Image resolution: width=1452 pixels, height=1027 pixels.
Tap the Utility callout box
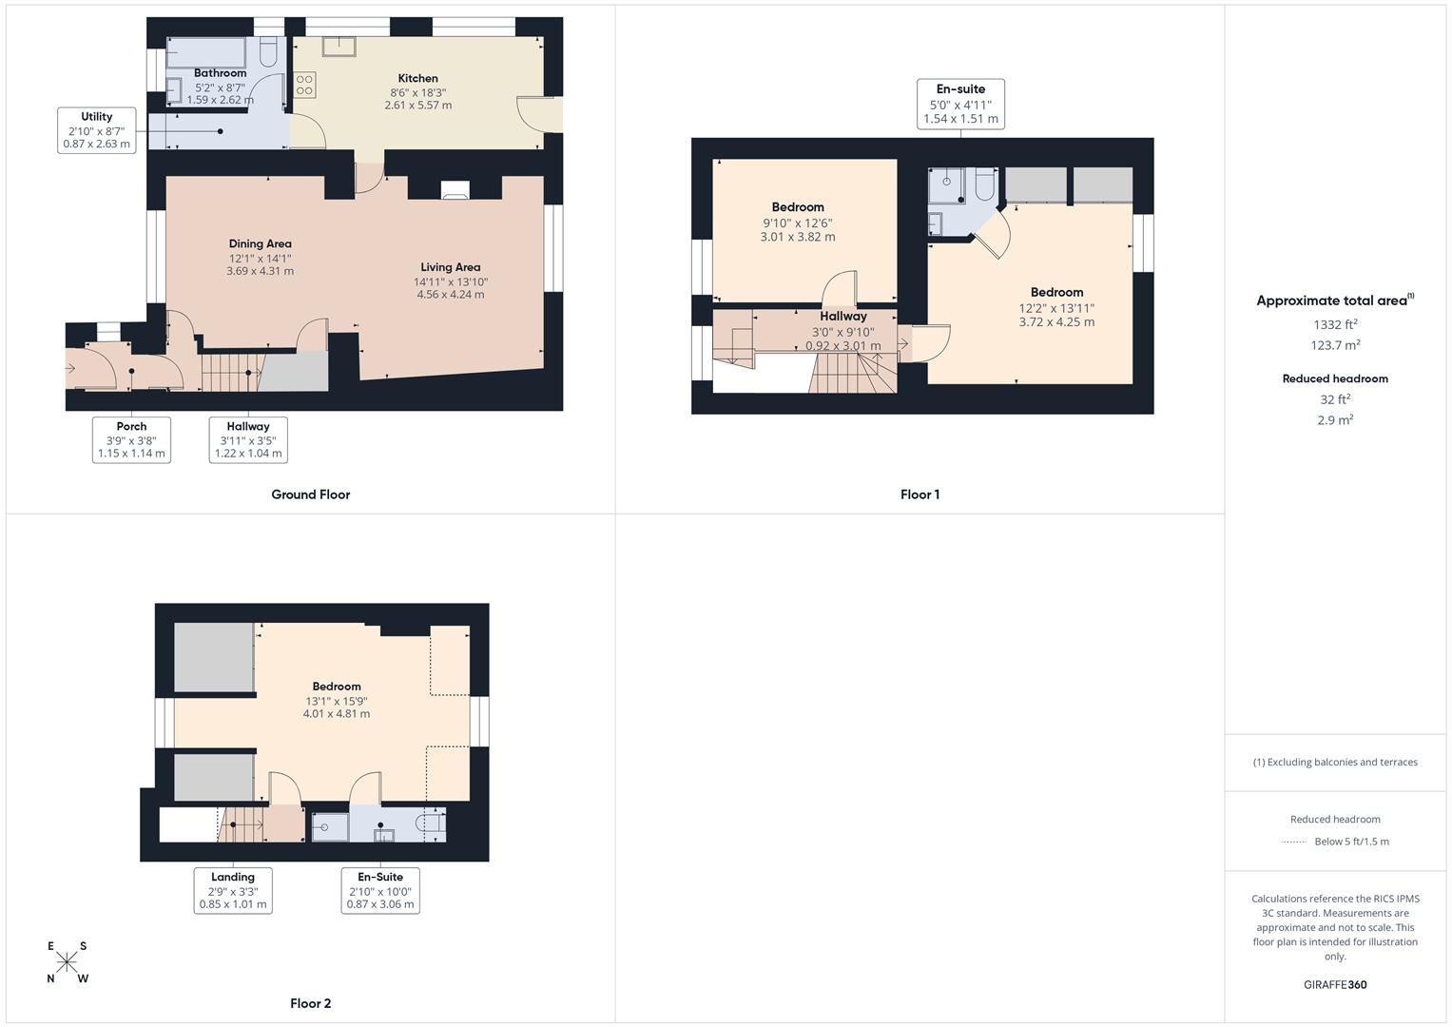click(97, 130)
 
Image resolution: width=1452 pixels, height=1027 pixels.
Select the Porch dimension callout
click(131, 440)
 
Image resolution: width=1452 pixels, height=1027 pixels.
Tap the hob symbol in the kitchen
click(304, 84)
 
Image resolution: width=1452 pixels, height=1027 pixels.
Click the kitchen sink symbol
click(339, 46)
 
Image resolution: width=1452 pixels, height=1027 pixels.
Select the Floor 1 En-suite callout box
click(960, 104)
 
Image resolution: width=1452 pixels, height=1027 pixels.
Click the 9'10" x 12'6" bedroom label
click(798, 222)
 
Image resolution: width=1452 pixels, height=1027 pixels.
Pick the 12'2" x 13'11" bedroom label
click(1056, 307)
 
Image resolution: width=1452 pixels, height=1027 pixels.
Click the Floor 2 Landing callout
click(233, 891)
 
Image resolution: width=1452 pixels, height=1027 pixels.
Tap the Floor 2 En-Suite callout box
click(380, 891)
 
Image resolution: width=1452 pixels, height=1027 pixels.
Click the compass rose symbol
click(67, 962)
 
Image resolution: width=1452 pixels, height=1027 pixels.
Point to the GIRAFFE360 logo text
click(1335, 984)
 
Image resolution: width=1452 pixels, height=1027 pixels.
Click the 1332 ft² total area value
click(1335, 324)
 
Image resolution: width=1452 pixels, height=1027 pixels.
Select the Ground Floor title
click(311, 494)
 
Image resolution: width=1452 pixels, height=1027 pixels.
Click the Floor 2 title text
click(311, 1003)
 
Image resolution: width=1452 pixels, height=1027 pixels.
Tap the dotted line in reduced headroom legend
click(1294, 842)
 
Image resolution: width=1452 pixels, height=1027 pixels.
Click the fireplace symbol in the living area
click(455, 190)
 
